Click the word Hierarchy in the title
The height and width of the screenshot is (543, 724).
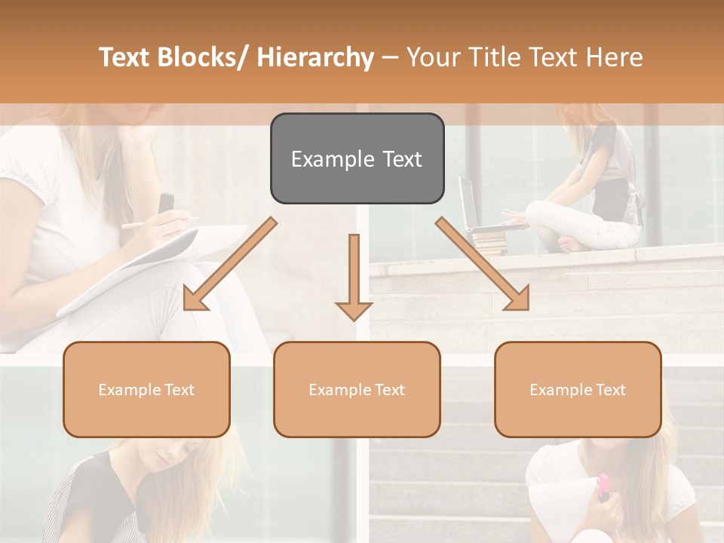[315, 58]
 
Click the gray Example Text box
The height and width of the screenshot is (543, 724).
[357, 159]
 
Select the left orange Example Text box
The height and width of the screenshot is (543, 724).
[146, 390]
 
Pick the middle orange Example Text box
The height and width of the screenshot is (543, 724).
[357, 390]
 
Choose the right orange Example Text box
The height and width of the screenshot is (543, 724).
[578, 390]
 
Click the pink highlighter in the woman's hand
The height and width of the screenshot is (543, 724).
[603, 487]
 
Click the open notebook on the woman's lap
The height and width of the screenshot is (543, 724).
[151, 264]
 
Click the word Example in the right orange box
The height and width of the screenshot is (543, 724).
[557, 390]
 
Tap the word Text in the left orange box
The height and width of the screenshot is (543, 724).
[179, 390]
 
